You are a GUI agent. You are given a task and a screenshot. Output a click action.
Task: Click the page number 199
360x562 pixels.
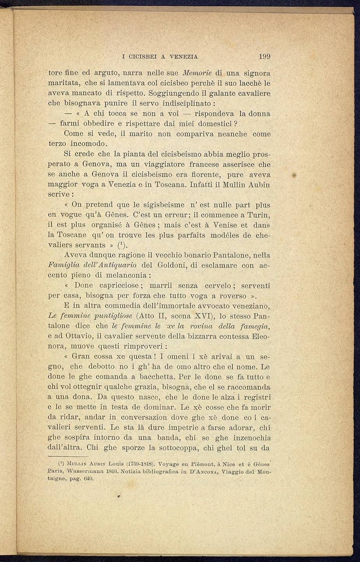tap(265, 56)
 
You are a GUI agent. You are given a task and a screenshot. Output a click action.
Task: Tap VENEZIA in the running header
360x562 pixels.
tap(184, 56)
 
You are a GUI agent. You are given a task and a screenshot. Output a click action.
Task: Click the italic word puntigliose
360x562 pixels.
tap(111, 315)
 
